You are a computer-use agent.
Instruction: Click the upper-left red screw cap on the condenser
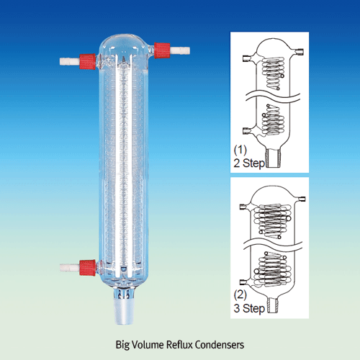point(88,62)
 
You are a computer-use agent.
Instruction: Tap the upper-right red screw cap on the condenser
point(162,50)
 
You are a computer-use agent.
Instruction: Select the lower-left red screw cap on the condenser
point(88,268)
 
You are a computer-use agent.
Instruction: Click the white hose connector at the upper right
point(180,50)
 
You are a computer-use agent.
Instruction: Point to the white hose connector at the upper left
point(70,61)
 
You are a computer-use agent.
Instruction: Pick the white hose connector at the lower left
point(70,268)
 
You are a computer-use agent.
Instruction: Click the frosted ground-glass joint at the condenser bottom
point(123,311)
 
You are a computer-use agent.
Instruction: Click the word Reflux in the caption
point(179,345)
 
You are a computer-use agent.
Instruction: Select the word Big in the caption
point(122,346)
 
